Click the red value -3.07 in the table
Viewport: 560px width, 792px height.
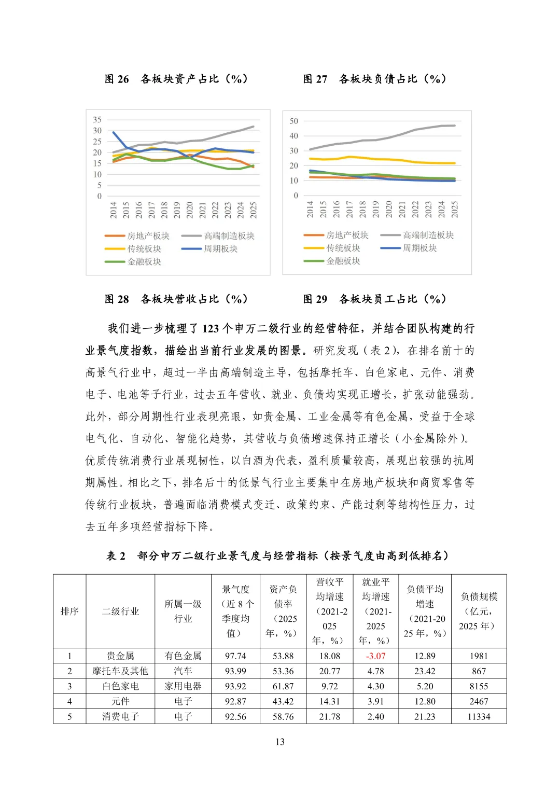[x=375, y=656]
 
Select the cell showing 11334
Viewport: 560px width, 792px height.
[x=479, y=716]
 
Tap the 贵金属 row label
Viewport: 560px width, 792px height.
[x=120, y=656]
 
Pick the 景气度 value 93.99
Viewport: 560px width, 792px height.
[x=235, y=671]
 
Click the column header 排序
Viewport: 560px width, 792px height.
[x=69, y=611]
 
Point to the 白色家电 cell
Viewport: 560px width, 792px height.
[x=120, y=686]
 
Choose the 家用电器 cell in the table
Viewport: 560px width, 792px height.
[x=183, y=686]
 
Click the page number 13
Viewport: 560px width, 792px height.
[x=280, y=742]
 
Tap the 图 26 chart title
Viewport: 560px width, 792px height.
[x=176, y=79]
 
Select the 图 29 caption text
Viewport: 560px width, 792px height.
[x=374, y=299]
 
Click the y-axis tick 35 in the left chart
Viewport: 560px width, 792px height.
[x=97, y=120]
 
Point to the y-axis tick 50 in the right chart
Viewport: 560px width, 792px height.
[x=294, y=121]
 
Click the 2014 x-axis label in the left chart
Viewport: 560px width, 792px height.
[x=114, y=210]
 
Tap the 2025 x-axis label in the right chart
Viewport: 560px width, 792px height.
[x=455, y=209]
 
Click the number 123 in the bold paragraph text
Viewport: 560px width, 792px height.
[x=211, y=328]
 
